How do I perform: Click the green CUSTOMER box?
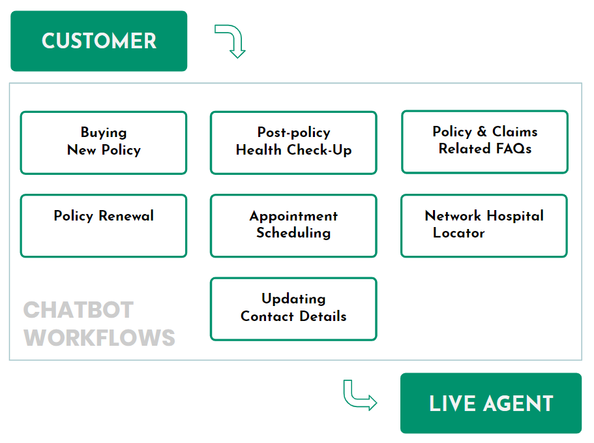99,41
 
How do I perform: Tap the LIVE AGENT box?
491,403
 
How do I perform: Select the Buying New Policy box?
104,143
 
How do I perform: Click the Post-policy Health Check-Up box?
293,143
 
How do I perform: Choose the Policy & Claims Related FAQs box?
485,142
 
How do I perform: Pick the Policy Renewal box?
104,226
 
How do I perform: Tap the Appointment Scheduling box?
293,226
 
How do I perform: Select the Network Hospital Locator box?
484,226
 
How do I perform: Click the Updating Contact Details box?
293,309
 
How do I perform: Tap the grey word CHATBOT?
78,310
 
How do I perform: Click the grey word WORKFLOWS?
99,338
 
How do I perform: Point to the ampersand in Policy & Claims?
482,132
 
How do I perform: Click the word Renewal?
126,215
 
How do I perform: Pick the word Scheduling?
293,233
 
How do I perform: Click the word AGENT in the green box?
518,403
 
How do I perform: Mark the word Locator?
459,233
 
